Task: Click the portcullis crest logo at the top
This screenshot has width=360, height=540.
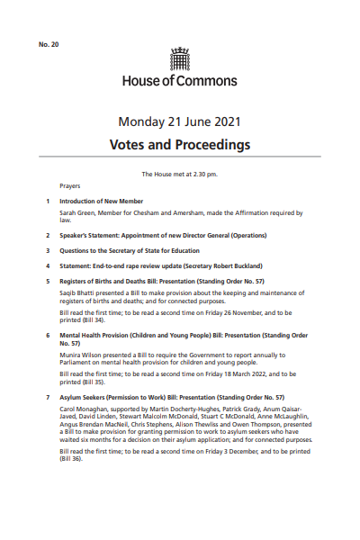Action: tap(180, 59)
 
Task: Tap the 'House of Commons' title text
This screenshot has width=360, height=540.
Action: tap(180, 81)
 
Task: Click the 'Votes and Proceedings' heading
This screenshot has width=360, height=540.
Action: tap(180, 144)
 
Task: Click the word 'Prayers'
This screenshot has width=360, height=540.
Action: tap(70, 186)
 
